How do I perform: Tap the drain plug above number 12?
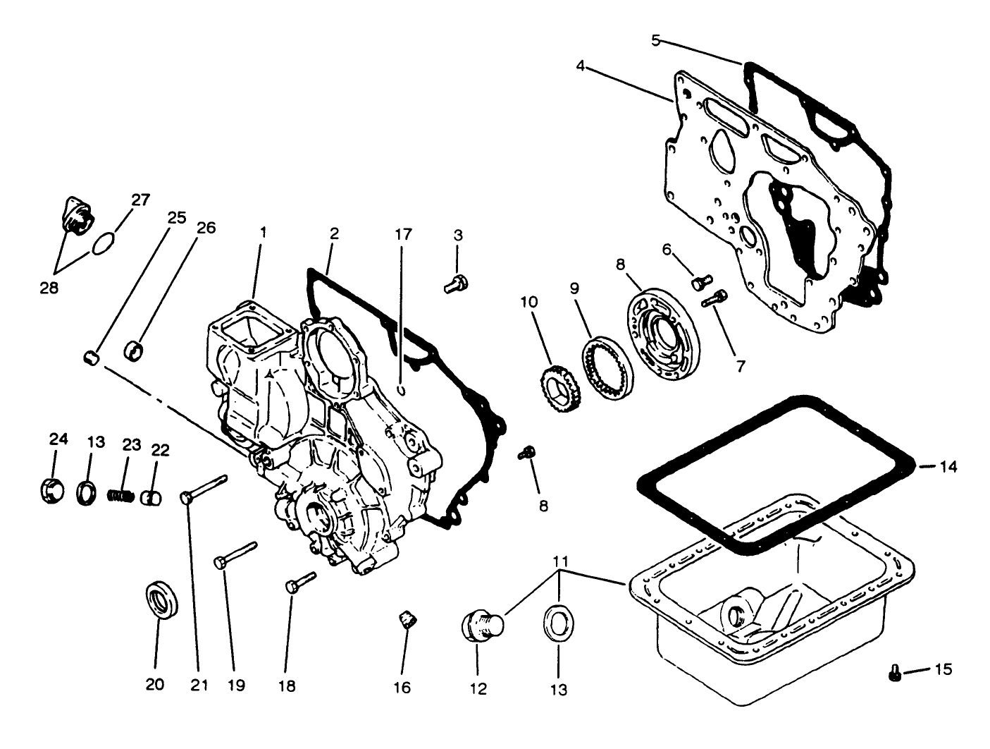pos(481,626)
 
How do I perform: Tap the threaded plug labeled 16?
pos(407,621)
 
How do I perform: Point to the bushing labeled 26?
pos(134,349)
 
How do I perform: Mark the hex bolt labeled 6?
pos(702,282)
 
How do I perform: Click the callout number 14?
pos(948,467)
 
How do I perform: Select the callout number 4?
pos(580,66)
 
